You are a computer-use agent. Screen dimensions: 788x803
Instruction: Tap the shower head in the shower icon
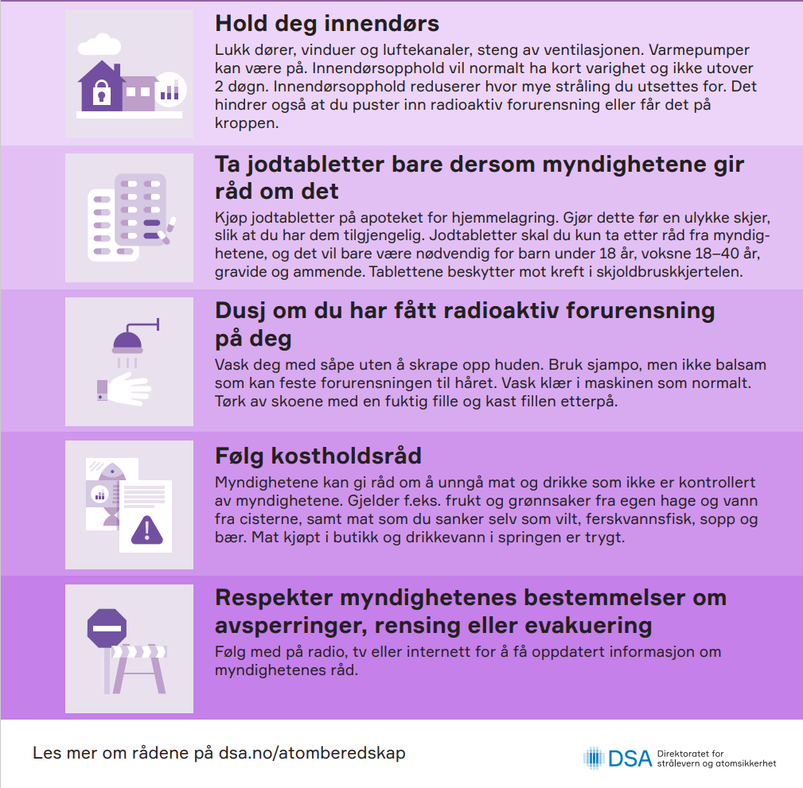point(127,344)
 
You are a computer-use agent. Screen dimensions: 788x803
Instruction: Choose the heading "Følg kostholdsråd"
point(318,456)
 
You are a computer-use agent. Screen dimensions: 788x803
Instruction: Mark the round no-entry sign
point(107,627)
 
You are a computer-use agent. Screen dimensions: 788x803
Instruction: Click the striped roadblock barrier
point(141,663)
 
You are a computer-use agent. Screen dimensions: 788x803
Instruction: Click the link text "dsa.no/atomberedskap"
point(312,752)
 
